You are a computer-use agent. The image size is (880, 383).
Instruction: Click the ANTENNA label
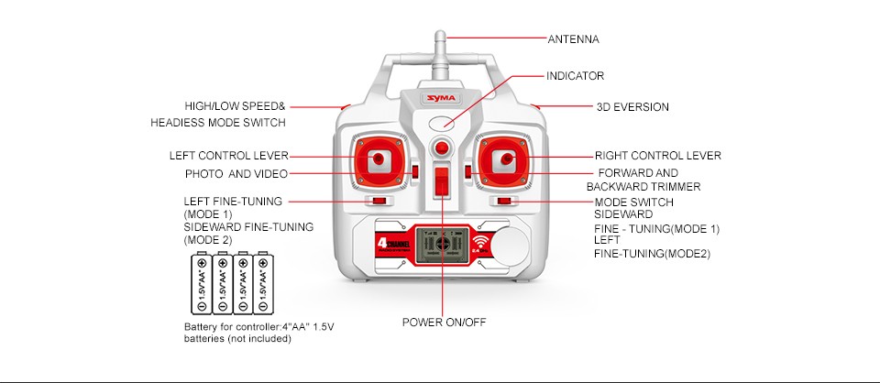[573, 38]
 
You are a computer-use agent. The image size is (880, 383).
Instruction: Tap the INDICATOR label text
[575, 75]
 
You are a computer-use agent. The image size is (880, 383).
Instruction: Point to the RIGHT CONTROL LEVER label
[657, 156]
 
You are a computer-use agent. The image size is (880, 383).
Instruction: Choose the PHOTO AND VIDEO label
[236, 173]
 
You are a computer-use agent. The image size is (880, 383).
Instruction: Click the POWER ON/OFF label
[444, 322]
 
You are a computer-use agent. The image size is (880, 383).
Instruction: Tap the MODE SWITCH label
[633, 202]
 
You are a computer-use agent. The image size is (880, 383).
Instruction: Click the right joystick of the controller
[505, 159]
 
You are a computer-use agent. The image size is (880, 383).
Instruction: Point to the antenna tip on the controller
[441, 38]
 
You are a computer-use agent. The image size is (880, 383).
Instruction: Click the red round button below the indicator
[442, 148]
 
